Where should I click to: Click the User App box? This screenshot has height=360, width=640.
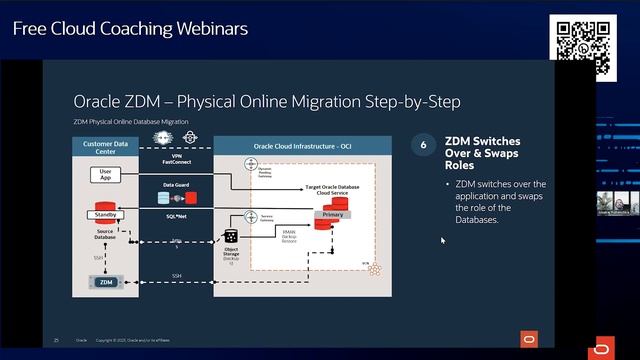click(105, 174)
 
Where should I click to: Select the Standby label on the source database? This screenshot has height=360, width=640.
click(106, 215)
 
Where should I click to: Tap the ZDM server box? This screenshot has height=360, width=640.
click(106, 282)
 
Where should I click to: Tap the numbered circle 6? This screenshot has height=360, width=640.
click(424, 146)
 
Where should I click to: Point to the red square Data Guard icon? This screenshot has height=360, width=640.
click(190, 197)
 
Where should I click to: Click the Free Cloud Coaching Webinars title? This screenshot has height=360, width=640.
click(130, 28)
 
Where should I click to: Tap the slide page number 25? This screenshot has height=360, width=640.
click(56, 340)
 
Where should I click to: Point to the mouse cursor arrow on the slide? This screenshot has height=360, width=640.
click(442, 239)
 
